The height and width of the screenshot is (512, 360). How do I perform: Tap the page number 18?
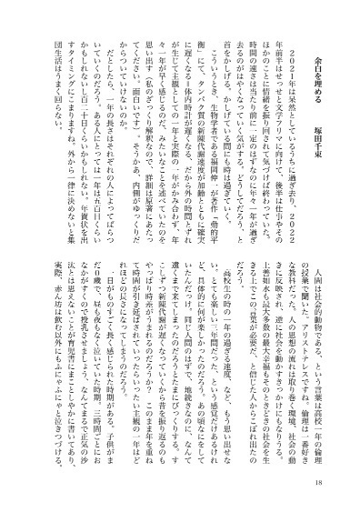341,482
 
